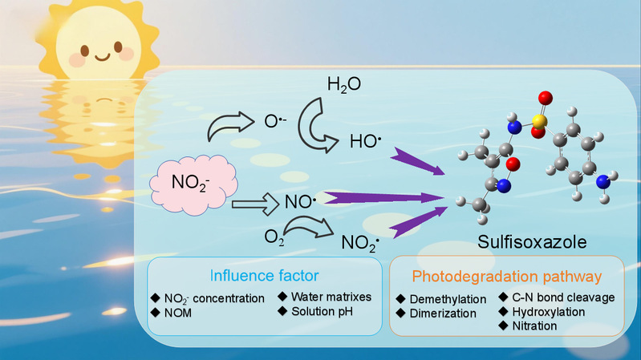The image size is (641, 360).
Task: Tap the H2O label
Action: (x=343, y=85)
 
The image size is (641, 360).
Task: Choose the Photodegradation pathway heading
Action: (x=506, y=277)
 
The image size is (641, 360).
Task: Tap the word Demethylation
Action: (x=447, y=299)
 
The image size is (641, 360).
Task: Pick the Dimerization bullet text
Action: (x=442, y=313)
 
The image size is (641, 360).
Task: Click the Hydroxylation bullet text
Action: (x=543, y=311)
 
